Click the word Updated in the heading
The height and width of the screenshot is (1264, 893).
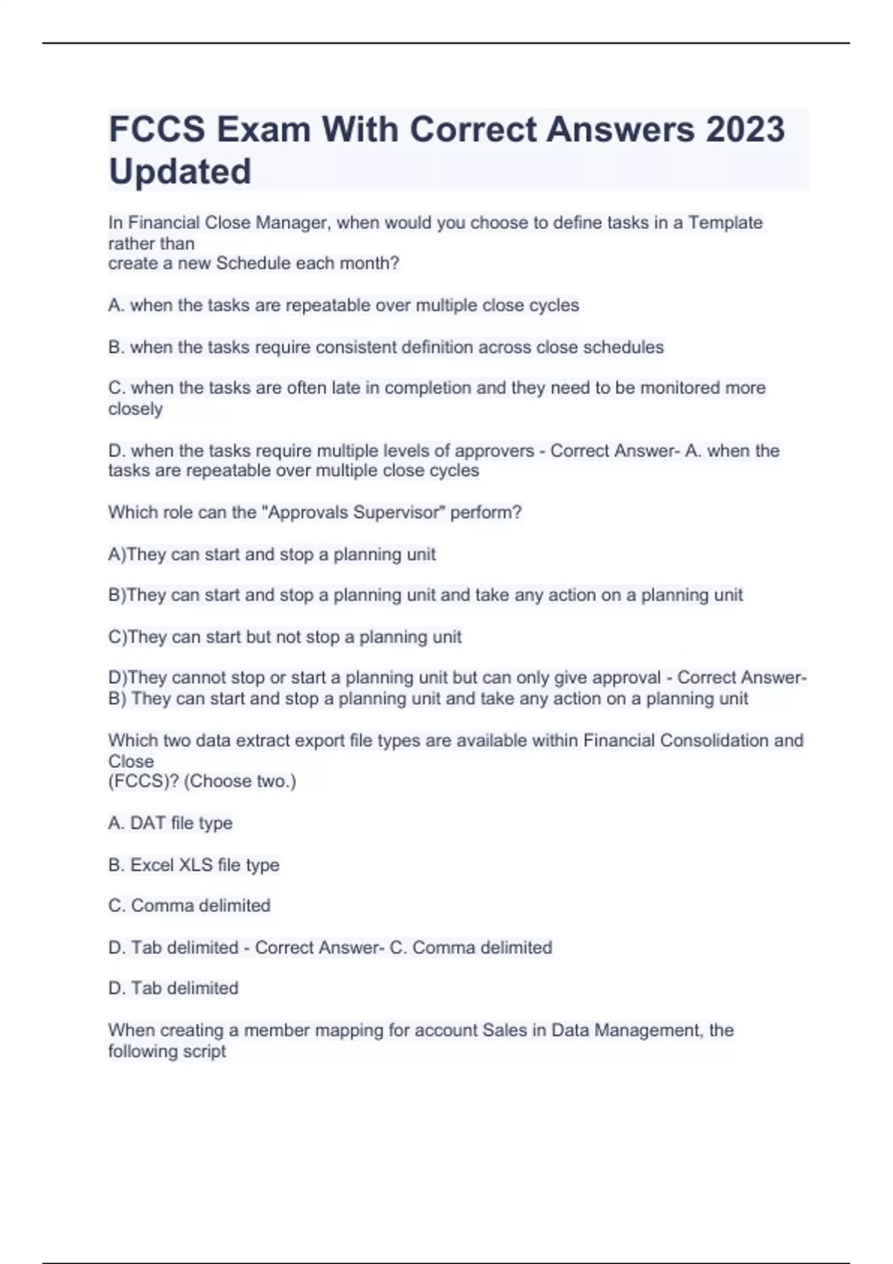(180, 171)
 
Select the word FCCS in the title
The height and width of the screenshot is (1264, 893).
(157, 129)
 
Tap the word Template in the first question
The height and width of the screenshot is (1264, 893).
(725, 222)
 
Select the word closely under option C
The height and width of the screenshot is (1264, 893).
(135, 408)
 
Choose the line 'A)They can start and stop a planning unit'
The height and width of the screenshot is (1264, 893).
(272, 554)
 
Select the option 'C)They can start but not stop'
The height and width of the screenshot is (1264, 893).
(284, 637)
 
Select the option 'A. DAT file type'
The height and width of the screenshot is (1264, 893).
(170, 823)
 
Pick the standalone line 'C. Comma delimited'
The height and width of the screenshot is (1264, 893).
(189, 906)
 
